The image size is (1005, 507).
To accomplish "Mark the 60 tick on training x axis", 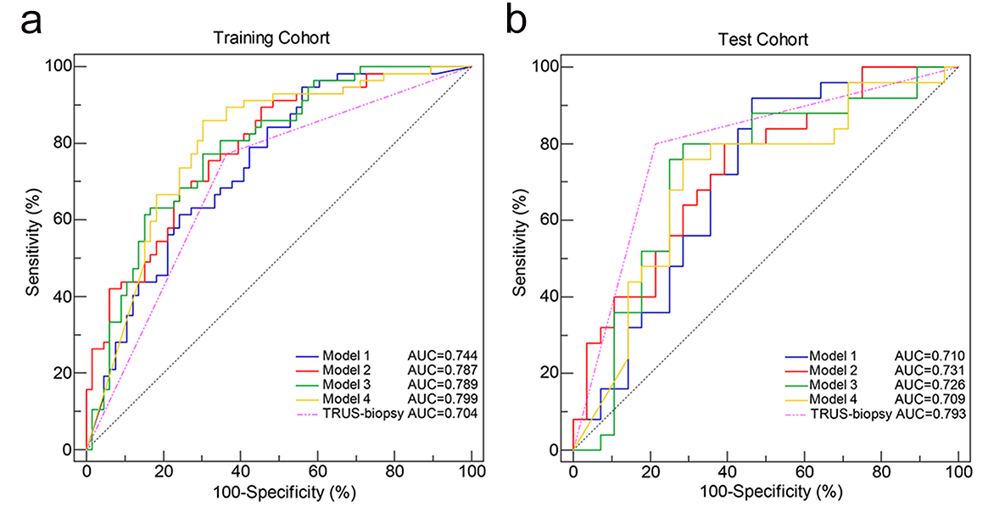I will pyautogui.click(x=317, y=471).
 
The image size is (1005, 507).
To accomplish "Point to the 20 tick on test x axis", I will pyautogui.click(x=650, y=471).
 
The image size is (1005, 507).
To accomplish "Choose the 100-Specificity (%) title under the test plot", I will pyautogui.click(x=765, y=491).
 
